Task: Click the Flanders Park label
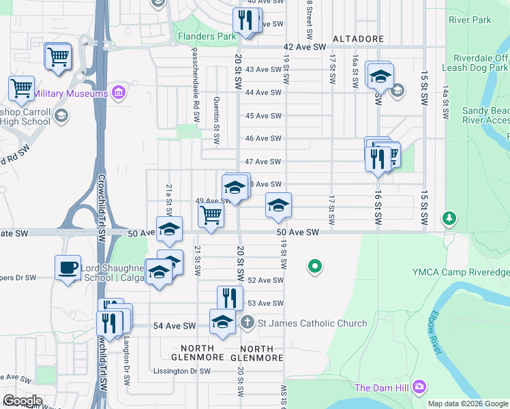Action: coord(207,36)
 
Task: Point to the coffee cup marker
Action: coord(68,268)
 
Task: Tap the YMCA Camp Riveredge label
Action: coord(461,272)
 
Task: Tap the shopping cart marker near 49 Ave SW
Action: coord(211,215)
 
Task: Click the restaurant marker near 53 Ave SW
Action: coord(230,298)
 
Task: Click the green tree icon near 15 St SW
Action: coord(449,218)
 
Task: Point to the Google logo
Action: coord(22,401)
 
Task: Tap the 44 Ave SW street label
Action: coord(263,93)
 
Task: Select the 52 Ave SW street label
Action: coord(265,280)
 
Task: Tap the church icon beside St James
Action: coord(247,322)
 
